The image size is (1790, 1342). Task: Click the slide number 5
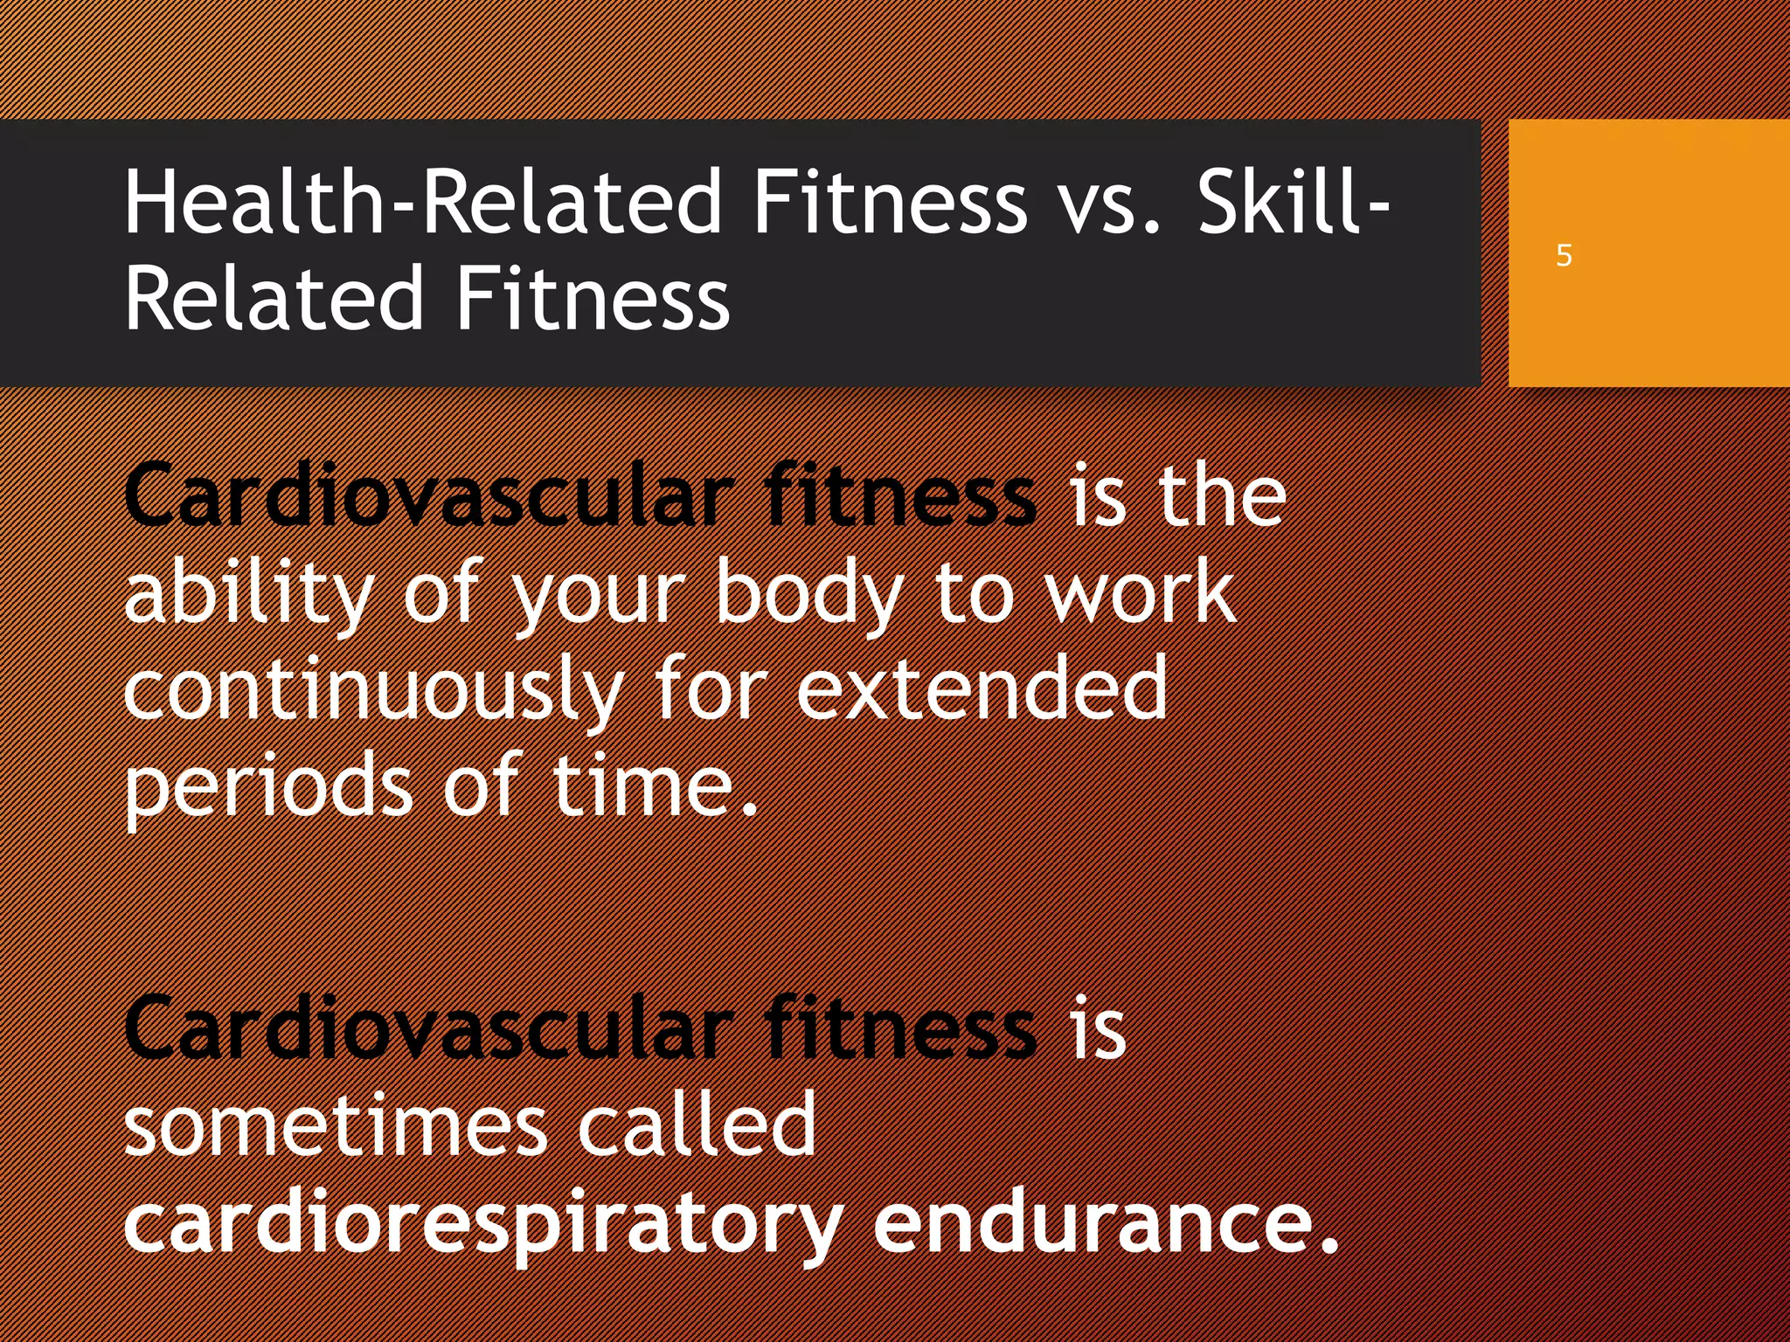pyautogui.click(x=1564, y=256)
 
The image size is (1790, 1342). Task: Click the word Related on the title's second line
pyautogui.click(x=274, y=299)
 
